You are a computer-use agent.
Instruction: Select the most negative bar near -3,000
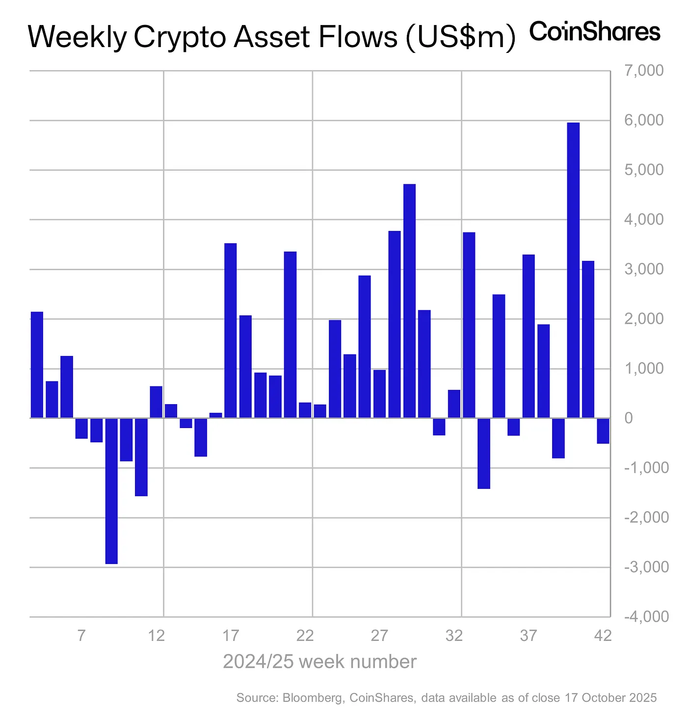[111, 491]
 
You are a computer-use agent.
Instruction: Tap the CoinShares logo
[595, 32]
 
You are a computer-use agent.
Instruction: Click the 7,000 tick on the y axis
[643, 71]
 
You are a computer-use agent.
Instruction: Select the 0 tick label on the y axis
[629, 418]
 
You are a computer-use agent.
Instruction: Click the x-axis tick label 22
[305, 636]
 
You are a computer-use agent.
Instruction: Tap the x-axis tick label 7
[81, 636]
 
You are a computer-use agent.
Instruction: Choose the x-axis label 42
[603, 636]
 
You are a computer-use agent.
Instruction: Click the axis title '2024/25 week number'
[319, 662]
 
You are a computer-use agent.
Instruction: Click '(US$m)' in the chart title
[460, 37]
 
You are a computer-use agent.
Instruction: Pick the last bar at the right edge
[603, 431]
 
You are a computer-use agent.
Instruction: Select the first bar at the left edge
[37, 365]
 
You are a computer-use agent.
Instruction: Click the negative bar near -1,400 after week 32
[484, 453]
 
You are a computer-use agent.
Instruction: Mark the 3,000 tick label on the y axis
[643, 269]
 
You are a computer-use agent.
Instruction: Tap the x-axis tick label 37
[528, 636]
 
